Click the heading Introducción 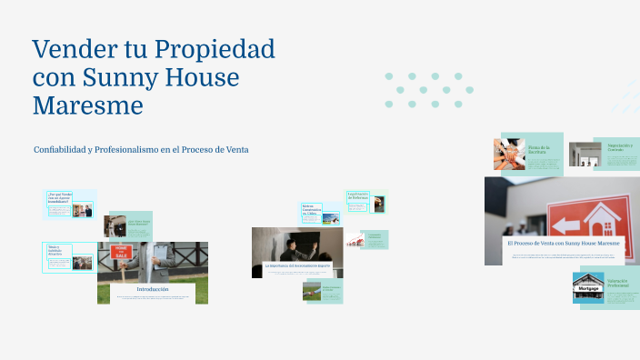coord(153,289)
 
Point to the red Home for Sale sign coord(121,252)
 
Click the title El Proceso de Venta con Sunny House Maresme coord(563,244)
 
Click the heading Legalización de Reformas coord(357,195)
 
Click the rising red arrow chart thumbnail coord(350,240)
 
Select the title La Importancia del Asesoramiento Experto coord(296,265)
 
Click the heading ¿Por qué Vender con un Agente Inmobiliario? coord(60,197)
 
